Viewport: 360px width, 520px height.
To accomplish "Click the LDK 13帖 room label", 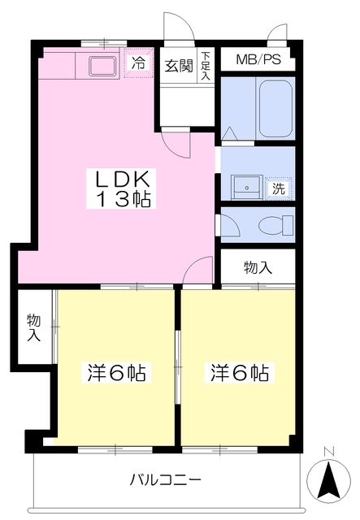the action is point(121,188).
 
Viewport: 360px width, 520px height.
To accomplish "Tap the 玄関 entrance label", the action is point(179,66).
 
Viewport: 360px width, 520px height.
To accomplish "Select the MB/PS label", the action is point(258,59).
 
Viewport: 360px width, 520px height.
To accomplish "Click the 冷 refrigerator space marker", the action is point(138,63).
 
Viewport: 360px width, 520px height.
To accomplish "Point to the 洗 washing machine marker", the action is point(279,188).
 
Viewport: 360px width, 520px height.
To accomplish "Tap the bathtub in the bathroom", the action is point(275,109).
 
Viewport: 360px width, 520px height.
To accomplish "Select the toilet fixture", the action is point(275,225).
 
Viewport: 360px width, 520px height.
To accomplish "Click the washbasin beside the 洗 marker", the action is point(247,188).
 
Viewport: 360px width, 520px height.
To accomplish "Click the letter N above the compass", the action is point(329,451).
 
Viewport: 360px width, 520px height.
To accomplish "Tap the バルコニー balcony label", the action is point(165,479).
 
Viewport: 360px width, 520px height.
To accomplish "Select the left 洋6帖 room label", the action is point(116,373).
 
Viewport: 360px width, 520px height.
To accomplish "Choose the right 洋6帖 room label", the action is point(240,373).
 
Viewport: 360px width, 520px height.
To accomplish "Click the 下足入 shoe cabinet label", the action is point(206,65).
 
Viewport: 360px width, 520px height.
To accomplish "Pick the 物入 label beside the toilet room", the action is point(258,267).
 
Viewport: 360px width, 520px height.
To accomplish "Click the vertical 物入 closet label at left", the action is point(34,327).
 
